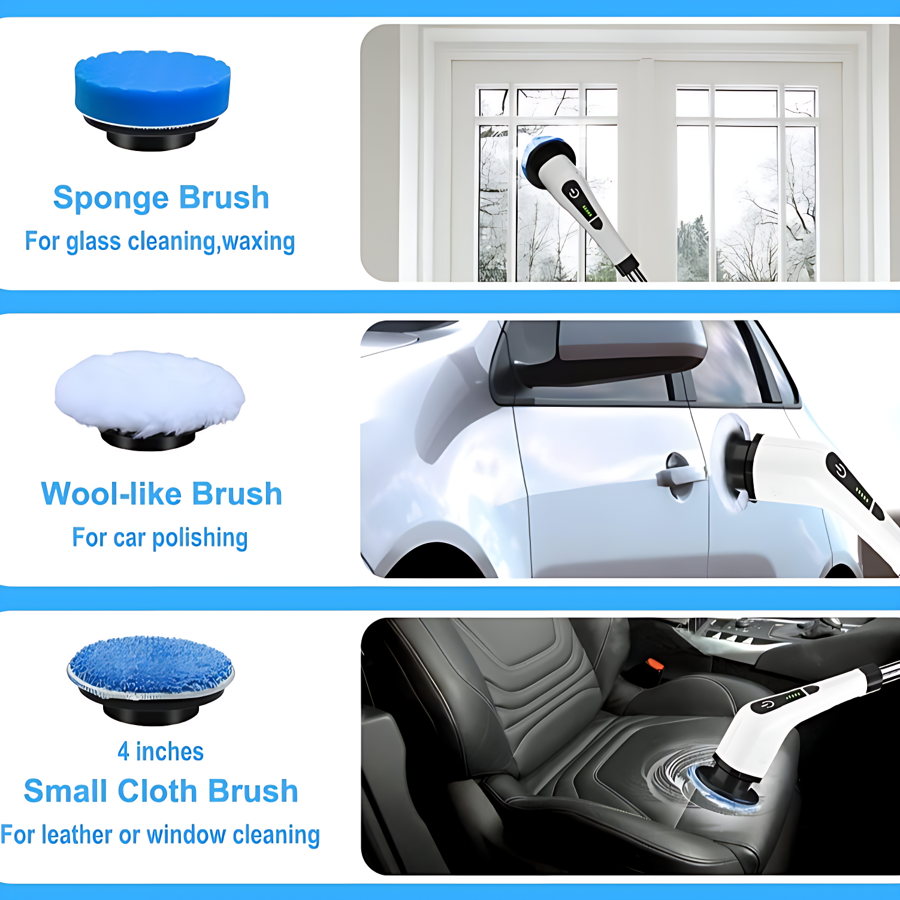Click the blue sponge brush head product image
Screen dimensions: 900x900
[152, 100]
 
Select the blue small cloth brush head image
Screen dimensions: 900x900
[150, 679]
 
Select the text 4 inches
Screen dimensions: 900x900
[161, 751]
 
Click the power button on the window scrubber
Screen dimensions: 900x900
[573, 193]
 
